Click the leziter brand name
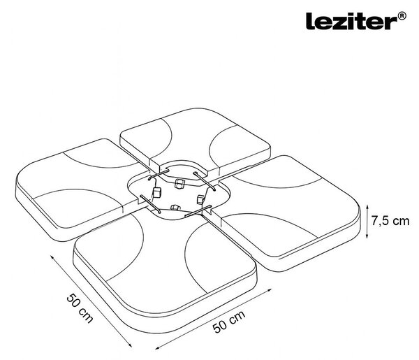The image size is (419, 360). pos(352,21)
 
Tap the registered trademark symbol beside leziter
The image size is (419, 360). pos(402,16)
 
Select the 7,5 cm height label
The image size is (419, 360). pos(390,221)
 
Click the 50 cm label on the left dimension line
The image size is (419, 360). pos(80,308)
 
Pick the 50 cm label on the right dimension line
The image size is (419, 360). pos(229,322)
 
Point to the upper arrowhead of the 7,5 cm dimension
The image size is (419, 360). pos(367,207)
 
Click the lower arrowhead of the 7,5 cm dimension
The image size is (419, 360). pos(367,236)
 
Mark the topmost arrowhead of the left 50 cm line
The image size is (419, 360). pos(52,257)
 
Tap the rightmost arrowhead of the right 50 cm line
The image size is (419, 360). pos(270,290)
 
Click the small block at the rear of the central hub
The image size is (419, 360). pos(179,184)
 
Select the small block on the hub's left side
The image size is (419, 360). pos(156,192)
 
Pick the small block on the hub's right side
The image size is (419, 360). pos(200,199)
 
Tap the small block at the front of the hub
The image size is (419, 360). pos(175,208)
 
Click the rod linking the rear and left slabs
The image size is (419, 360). pos(159,174)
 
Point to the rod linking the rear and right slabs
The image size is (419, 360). pos(205,181)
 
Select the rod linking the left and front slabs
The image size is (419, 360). pos(150,204)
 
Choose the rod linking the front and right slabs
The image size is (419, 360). pos(198,211)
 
